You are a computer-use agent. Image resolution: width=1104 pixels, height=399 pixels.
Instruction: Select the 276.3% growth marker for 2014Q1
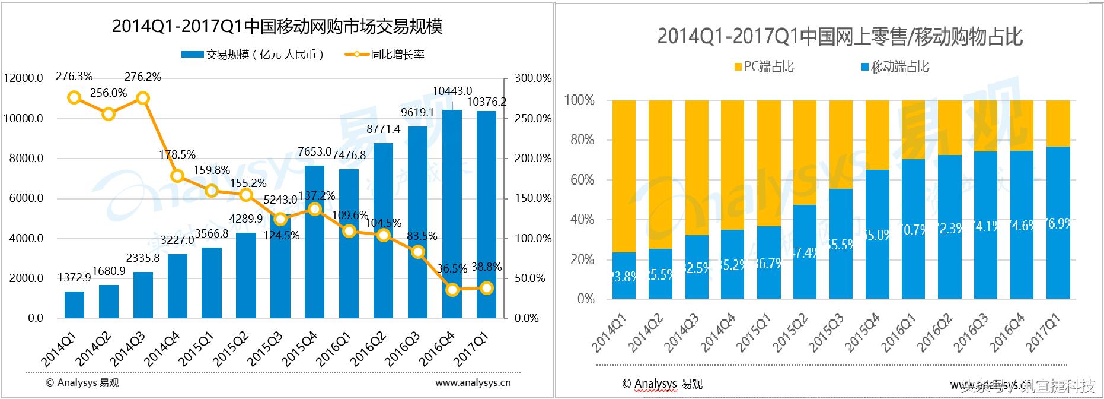tap(74, 98)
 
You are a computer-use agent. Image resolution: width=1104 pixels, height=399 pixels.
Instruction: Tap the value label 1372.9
tap(74, 278)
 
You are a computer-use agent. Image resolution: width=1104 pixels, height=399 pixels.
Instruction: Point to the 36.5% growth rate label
tap(452, 268)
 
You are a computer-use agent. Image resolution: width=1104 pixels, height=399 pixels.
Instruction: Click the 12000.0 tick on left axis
tap(23, 78)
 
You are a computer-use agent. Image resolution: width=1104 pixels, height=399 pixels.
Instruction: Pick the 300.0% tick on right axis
tap(533, 78)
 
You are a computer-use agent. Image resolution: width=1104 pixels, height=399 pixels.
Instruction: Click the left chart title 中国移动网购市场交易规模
tap(277, 26)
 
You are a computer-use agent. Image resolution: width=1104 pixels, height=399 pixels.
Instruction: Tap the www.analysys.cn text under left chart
tap(473, 383)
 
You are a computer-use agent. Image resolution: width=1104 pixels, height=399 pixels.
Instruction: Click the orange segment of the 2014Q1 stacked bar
tap(624, 176)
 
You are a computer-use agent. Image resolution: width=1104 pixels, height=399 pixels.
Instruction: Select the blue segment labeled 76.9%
tap(1058, 223)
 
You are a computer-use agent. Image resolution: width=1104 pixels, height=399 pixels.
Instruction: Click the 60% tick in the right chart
tap(582, 180)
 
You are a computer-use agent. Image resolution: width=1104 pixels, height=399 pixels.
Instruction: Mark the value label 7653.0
tap(314, 152)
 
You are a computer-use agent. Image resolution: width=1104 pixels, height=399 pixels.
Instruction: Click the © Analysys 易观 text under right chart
tap(662, 384)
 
